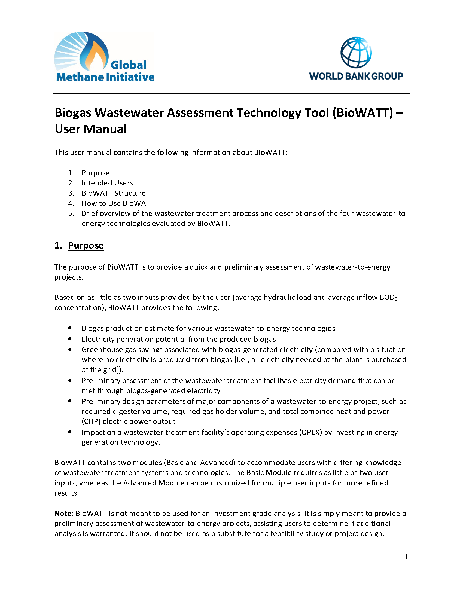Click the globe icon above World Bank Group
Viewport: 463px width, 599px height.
click(356, 52)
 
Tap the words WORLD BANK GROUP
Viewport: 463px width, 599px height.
click(356, 76)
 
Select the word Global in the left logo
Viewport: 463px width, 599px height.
click(128, 65)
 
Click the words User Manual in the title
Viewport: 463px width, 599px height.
click(90, 129)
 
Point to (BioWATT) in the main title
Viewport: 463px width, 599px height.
click(363, 113)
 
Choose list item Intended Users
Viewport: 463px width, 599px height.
click(107, 183)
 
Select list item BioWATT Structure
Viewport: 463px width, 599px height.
click(114, 193)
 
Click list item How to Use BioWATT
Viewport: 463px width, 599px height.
click(118, 203)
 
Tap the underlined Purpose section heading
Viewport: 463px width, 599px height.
click(86, 246)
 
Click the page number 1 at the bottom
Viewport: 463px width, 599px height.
click(406, 557)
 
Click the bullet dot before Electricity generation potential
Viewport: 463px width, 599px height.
click(70, 339)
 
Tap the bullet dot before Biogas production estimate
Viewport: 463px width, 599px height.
click(70, 328)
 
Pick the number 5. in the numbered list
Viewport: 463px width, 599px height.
click(71, 213)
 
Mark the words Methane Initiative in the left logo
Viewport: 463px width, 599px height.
click(105, 77)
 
